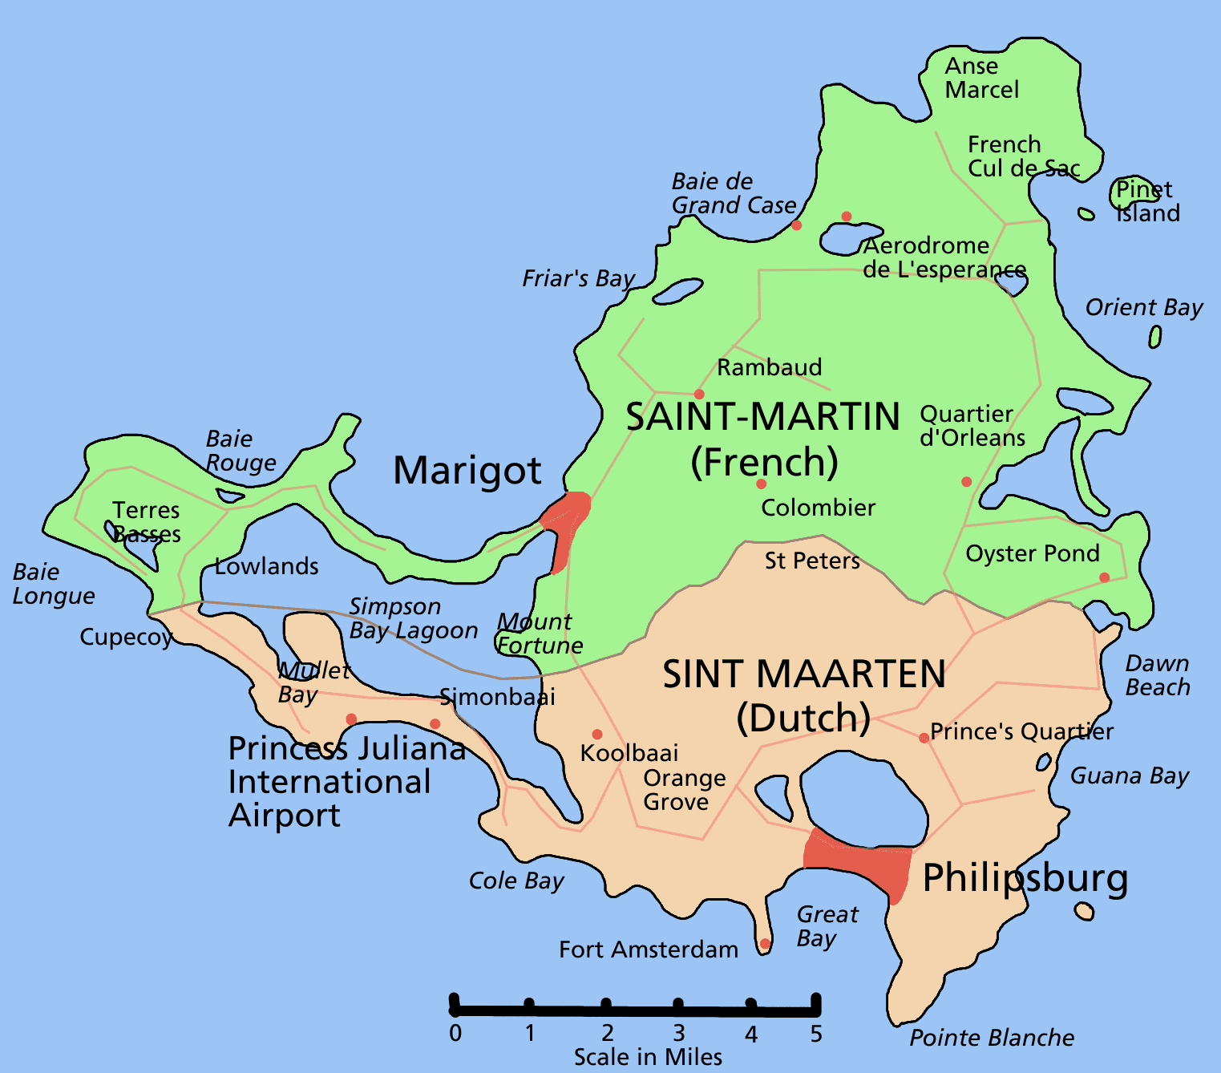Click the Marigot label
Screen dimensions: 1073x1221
click(467, 471)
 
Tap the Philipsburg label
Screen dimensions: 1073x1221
click(1025, 878)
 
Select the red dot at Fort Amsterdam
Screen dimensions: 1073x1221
click(765, 943)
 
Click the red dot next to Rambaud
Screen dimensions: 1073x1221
click(699, 394)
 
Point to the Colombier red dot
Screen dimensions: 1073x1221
click(761, 484)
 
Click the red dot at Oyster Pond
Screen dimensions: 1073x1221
click(1104, 577)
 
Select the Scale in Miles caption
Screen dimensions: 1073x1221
click(648, 1058)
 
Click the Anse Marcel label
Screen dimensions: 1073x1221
click(981, 78)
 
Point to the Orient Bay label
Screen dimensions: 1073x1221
click(1144, 308)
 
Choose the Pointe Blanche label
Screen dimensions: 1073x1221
click(992, 1039)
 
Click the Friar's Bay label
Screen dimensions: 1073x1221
click(578, 279)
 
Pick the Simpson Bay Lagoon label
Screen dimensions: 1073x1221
click(413, 619)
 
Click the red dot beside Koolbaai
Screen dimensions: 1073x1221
click(597, 734)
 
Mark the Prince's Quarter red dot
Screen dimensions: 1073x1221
click(924, 738)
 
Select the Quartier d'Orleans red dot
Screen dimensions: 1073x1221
click(966, 481)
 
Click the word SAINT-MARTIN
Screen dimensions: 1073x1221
click(762, 418)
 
